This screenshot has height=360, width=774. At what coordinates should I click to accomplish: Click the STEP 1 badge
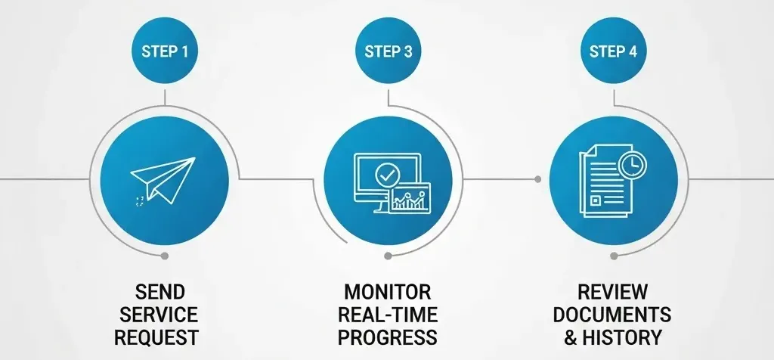[165, 52]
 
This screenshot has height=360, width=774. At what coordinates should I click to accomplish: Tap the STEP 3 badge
[388, 52]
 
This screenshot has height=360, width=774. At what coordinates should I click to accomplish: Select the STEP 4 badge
[613, 52]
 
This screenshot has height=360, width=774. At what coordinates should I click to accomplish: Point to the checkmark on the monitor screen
[386, 175]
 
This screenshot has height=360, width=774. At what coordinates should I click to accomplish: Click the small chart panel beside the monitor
[410, 199]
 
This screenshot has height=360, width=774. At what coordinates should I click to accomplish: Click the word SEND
[159, 292]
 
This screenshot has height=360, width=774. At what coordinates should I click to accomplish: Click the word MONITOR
[388, 292]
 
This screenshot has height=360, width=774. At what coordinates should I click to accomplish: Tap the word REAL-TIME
[388, 314]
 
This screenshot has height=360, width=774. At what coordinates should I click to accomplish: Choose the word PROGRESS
[388, 337]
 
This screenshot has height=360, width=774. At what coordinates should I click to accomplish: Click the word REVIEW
[613, 292]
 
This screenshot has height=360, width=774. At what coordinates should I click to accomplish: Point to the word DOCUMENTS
[613, 314]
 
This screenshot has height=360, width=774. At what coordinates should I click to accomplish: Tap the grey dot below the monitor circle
[388, 255]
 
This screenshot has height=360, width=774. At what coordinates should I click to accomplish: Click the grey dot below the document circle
[613, 255]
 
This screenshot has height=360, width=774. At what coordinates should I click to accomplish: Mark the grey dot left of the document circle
[537, 179]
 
